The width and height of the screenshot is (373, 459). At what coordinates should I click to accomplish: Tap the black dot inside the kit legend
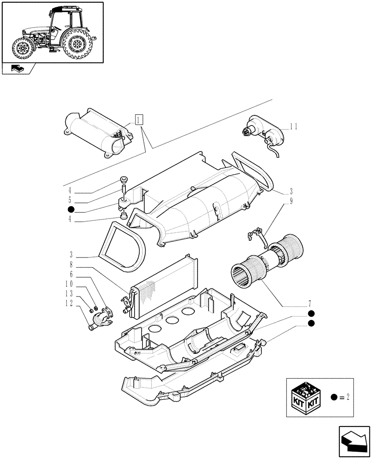coord(333,397)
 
